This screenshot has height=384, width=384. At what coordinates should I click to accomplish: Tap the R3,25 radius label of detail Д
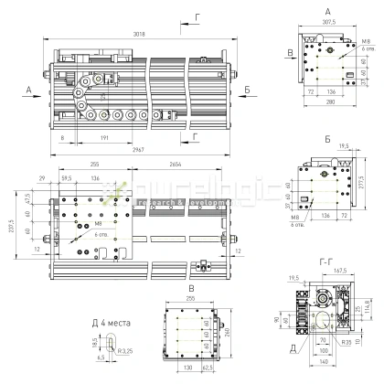click(123, 349)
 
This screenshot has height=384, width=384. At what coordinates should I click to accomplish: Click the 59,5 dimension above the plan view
click(67, 178)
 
